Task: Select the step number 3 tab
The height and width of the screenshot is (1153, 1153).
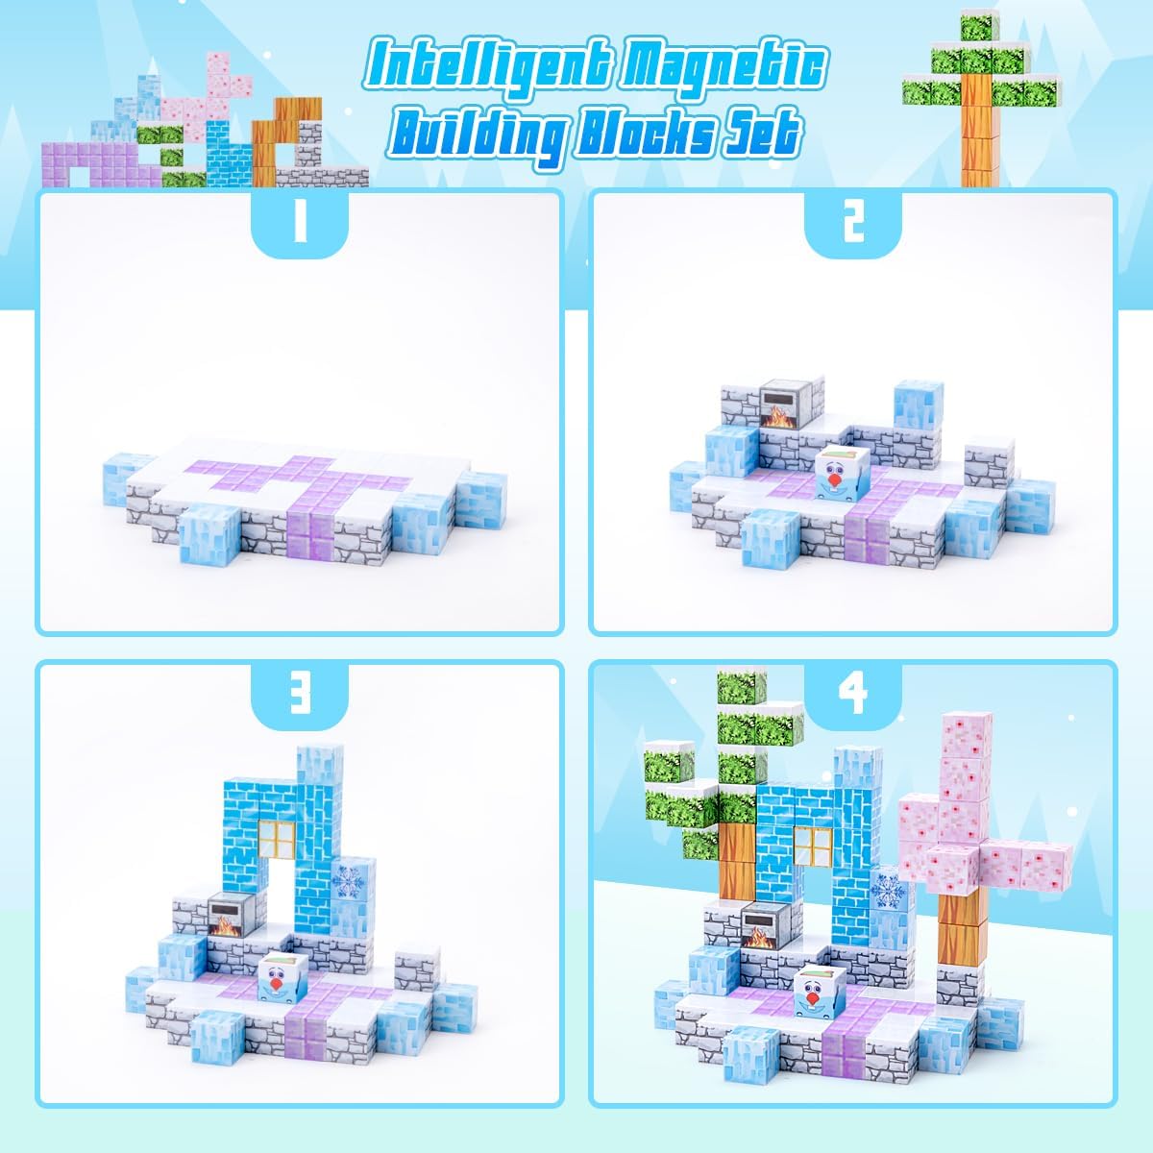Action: pyautogui.click(x=299, y=697)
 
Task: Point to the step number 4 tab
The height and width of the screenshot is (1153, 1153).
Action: pyautogui.click(x=853, y=697)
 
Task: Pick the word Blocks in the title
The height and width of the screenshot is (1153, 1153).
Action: pyautogui.click(x=653, y=135)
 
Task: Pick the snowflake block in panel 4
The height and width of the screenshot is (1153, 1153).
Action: pyautogui.click(x=885, y=889)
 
